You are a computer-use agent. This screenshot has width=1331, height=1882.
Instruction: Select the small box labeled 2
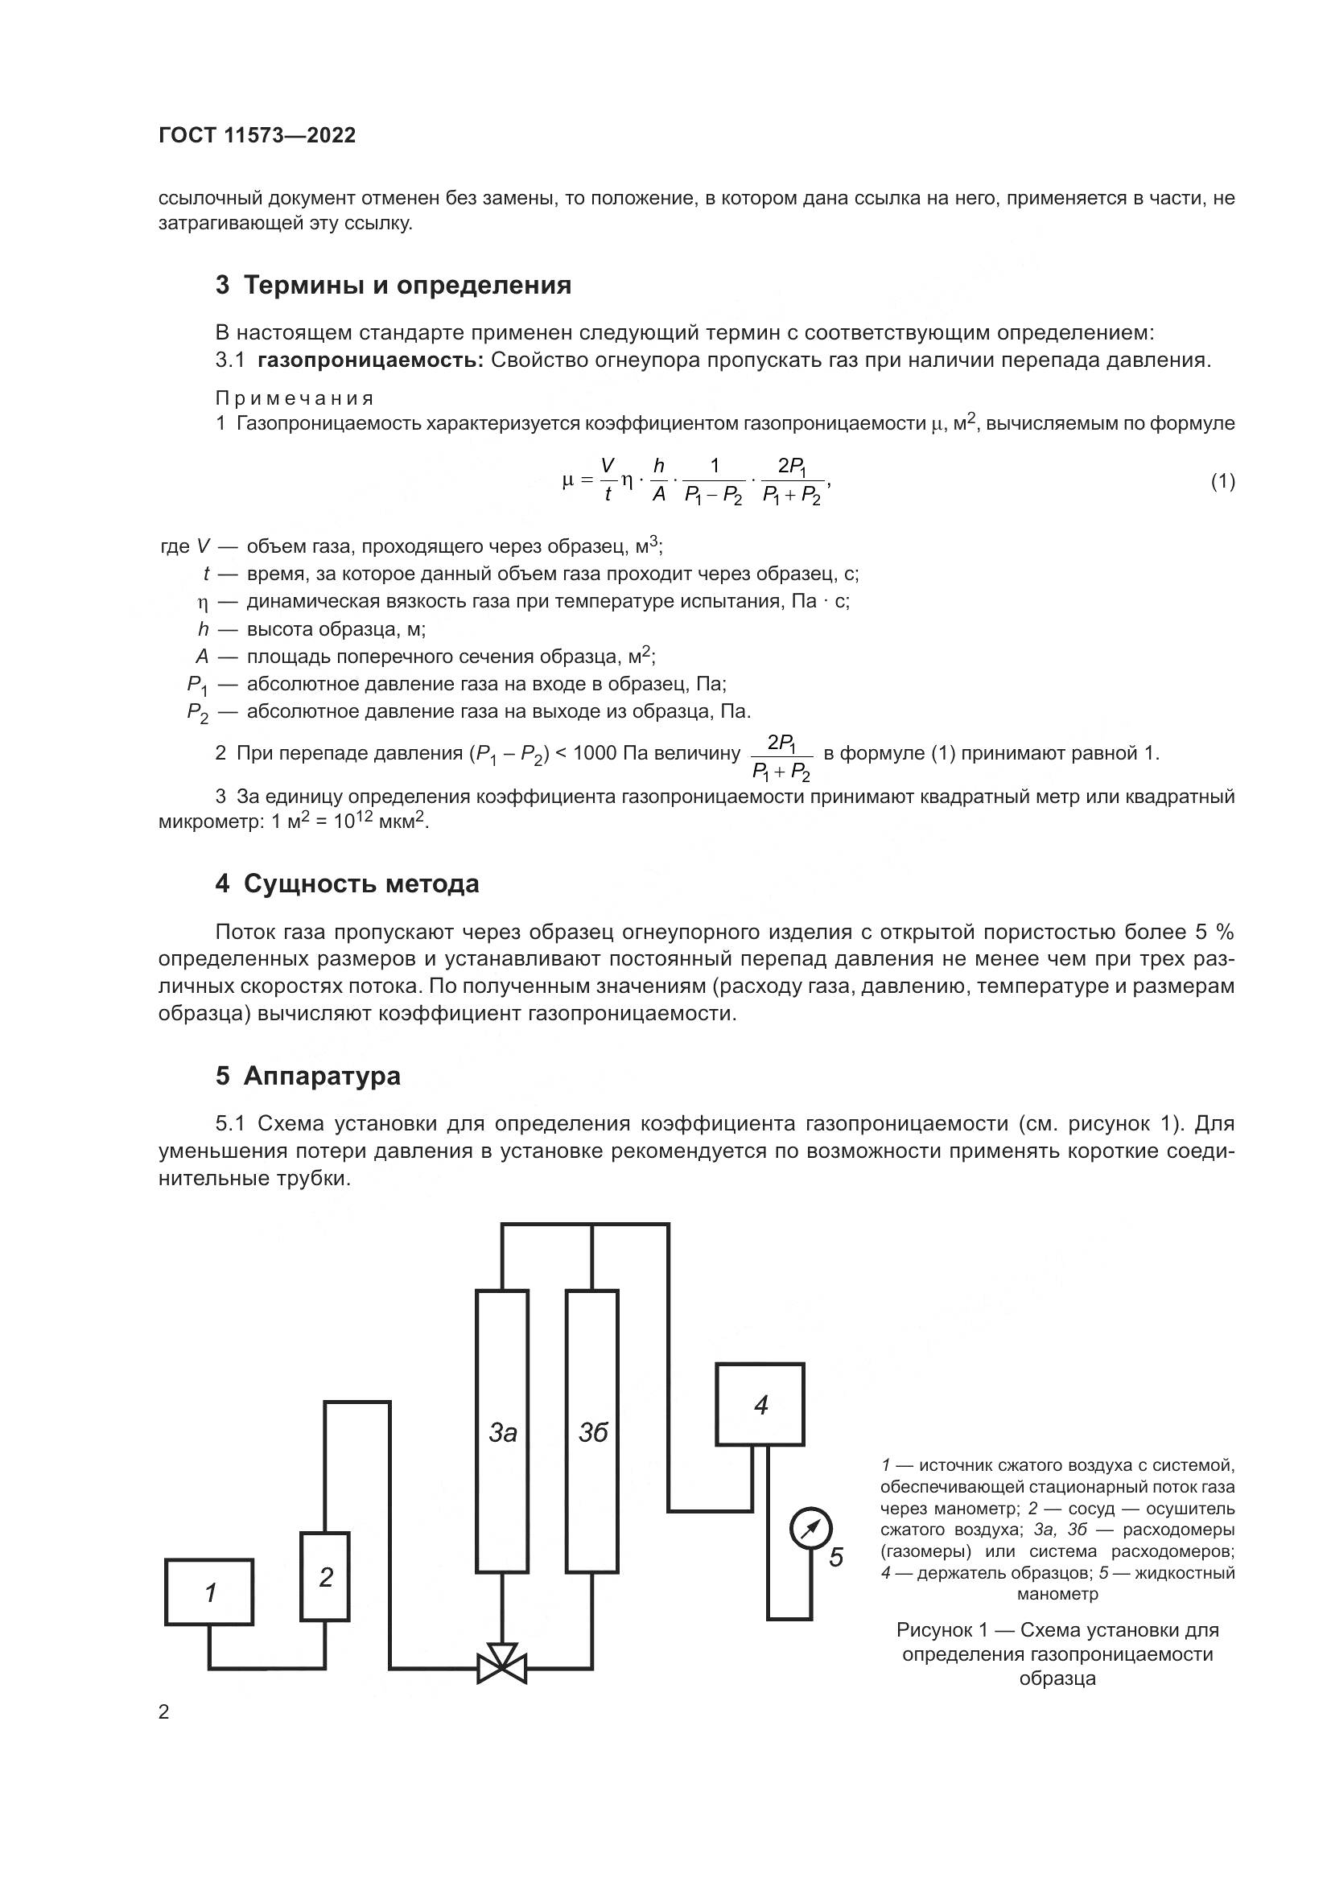[x=325, y=1576]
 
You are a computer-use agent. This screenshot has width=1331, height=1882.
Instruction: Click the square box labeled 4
[x=760, y=1405]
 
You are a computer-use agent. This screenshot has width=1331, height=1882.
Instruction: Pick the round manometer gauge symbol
[x=810, y=1529]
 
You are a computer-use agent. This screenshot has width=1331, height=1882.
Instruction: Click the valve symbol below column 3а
[x=501, y=1664]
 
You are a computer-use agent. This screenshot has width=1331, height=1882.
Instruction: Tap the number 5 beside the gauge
[x=836, y=1557]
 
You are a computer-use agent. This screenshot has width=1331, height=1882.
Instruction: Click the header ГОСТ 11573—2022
[x=258, y=136]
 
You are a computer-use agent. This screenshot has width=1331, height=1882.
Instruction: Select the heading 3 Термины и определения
[x=394, y=286]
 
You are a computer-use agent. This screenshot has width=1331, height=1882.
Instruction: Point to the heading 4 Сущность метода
[x=348, y=883]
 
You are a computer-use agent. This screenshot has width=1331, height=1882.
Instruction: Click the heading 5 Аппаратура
[x=308, y=1076]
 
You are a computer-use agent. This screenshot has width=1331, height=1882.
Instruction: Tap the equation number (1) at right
[x=1222, y=481]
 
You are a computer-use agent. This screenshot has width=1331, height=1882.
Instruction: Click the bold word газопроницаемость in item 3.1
[x=370, y=360]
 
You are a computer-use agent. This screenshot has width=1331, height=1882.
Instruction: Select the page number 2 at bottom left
[x=164, y=1712]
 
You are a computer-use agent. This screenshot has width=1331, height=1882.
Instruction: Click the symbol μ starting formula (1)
[x=568, y=481]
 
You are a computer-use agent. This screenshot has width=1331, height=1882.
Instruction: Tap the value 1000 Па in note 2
[x=609, y=752]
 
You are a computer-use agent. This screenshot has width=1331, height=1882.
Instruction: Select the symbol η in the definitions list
[x=204, y=603]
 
